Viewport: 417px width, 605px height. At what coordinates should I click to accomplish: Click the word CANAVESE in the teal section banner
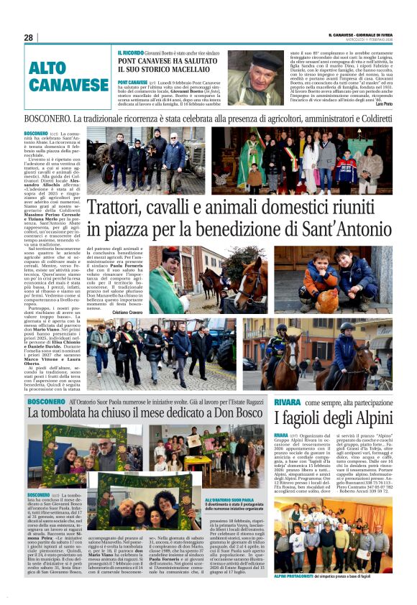tap(69, 86)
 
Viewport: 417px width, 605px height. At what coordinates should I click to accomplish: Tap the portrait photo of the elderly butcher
tap(253, 78)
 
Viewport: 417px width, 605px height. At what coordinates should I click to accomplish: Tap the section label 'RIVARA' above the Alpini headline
tap(287, 402)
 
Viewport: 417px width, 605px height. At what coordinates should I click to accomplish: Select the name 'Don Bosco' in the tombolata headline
tap(243, 414)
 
